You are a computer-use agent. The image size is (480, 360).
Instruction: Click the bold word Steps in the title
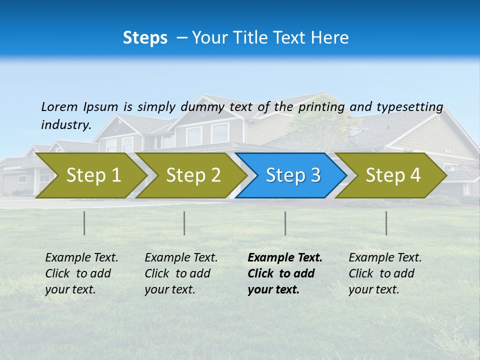tap(145, 38)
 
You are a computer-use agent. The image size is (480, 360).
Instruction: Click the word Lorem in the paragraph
tap(59, 106)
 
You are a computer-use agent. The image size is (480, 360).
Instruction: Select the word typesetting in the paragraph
tap(409, 106)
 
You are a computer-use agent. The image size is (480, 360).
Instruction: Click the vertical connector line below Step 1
tap(84, 223)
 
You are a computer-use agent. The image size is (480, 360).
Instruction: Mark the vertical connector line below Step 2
tap(184, 223)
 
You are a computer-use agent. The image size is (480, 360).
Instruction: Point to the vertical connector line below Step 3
tap(285, 223)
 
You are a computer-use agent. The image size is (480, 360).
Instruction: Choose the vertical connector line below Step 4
tap(386, 223)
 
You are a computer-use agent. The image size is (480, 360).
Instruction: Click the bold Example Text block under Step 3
tap(284, 273)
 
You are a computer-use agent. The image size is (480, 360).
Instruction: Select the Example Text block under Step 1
tap(81, 273)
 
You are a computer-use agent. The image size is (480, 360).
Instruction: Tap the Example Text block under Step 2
tap(181, 273)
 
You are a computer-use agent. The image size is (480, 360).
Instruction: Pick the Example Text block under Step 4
tap(385, 273)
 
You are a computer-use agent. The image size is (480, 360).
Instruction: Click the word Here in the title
tap(332, 38)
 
